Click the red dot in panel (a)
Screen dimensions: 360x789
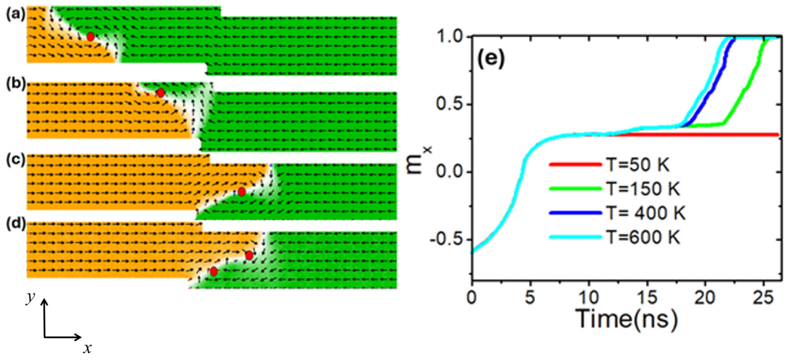(x=90, y=37)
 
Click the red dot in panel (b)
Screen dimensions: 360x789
(x=161, y=92)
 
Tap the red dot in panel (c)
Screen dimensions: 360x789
(x=242, y=192)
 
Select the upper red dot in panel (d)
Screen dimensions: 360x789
(x=249, y=255)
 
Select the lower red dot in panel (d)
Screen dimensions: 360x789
(x=214, y=272)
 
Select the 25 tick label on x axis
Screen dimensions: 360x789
(x=764, y=297)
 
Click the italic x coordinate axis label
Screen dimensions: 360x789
(x=88, y=348)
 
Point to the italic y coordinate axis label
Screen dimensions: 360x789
(x=30, y=298)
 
